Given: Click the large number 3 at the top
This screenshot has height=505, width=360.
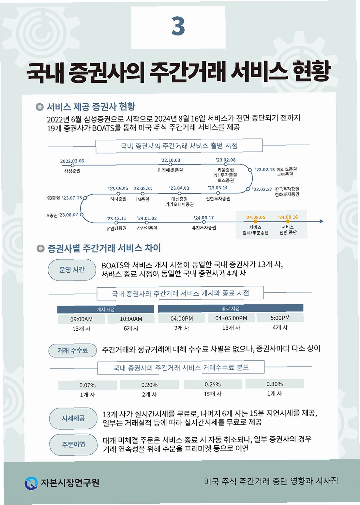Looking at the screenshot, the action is (x=178, y=26).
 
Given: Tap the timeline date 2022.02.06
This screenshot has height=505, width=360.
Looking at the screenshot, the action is (x=72, y=161).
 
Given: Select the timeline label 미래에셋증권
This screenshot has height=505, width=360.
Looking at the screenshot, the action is (x=170, y=170).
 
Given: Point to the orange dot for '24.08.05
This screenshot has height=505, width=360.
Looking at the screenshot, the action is (x=255, y=222).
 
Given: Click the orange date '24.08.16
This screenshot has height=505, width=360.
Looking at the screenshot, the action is (x=288, y=217).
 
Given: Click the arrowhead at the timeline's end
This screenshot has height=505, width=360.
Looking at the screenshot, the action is (x=322, y=221).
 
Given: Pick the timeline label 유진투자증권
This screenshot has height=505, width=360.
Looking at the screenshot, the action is (x=204, y=228).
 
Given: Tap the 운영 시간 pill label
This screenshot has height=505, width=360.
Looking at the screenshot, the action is (x=72, y=269).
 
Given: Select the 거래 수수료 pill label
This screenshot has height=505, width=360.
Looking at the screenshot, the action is (x=73, y=351).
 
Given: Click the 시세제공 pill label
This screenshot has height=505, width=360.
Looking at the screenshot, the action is (x=73, y=418).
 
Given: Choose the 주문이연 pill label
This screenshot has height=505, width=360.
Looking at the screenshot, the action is (x=73, y=444).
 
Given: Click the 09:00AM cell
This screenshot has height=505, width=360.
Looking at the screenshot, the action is (x=82, y=319).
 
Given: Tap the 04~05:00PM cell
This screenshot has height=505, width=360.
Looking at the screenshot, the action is (x=231, y=318).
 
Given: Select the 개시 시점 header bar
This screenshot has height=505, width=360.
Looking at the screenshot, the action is (x=106, y=309).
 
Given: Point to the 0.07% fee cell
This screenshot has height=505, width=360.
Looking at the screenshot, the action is (x=87, y=385).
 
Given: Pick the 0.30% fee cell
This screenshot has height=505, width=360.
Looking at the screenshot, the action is (x=275, y=384).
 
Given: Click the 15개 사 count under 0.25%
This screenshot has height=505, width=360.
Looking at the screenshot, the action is (x=213, y=394).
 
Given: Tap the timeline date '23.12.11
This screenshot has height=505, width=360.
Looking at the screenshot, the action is (x=116, y=218).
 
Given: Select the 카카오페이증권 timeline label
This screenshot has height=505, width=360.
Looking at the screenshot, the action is (x=179, y=204).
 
